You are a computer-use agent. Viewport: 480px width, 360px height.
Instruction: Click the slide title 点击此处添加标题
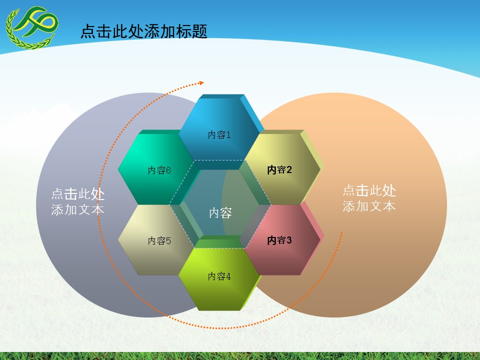point(143,31)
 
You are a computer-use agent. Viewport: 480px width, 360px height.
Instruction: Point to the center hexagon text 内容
point(220,213)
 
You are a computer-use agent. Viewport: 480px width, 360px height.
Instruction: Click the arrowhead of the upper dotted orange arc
point(201,83)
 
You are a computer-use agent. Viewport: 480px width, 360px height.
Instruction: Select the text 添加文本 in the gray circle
point(78,210)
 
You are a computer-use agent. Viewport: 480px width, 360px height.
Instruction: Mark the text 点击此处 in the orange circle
point(369,190)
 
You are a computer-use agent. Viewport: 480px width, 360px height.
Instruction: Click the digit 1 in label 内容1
point(228,135)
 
